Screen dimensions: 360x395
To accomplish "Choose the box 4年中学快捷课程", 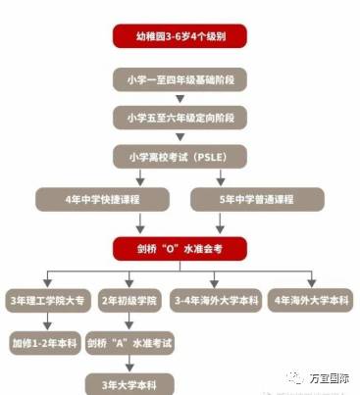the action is (103, 200).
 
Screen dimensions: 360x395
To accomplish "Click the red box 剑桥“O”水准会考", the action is (179, 250).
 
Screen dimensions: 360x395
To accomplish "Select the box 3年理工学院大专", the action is (47, 298).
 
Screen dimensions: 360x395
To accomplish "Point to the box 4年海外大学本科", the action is (309, 298).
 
